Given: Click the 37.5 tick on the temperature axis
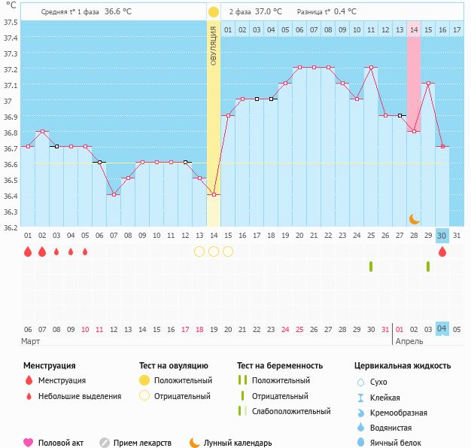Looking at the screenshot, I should click(x=10, y=22).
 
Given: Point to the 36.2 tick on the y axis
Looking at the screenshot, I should click(x=10, y=227).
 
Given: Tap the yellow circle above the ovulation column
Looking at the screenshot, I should click(x=213, y=12).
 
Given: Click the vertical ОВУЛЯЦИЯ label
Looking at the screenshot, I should click(x=214, y=45).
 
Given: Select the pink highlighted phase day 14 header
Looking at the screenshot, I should click(x=414, y=29).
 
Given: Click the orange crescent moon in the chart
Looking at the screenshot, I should click(x=414, y=218).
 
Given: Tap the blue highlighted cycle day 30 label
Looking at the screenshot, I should click(x=442, y=236).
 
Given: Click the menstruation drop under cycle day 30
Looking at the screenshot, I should click(x=442, y=252).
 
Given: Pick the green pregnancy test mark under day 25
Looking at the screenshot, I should click(x=371, y=267).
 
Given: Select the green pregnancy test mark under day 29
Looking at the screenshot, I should click(x=428, y=267).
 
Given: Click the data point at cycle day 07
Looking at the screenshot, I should click(x=114, y=194).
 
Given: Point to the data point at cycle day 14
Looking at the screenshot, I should click(x=214, y=194).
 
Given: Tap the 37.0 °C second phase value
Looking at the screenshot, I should click(x=268, y=12).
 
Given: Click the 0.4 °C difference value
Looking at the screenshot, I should click(x=345, y=12).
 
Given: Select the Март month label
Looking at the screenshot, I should click(x=31, y=341).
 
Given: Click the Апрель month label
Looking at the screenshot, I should click(x=409, y=341).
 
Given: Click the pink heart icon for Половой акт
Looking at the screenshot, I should click(x=29, y=443).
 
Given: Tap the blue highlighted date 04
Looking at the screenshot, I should click(x=442, y=329).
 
